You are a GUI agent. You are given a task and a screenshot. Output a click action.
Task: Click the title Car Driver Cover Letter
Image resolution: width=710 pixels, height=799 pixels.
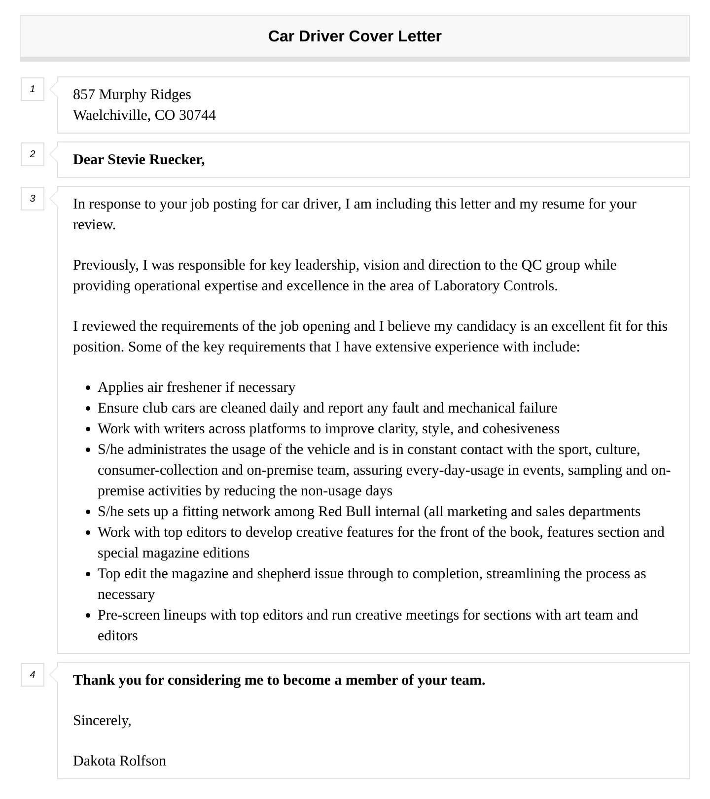(x=355, y=36)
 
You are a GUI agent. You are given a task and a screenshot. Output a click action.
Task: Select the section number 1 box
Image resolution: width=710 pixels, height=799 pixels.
(x=33, y=89)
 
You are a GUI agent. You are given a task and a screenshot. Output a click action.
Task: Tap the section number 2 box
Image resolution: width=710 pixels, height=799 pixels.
(x=33, y=154)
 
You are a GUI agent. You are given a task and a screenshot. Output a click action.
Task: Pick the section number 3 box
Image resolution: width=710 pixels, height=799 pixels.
(x=33, y=199)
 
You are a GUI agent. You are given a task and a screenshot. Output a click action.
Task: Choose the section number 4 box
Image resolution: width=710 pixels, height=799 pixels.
(x=33, y=675)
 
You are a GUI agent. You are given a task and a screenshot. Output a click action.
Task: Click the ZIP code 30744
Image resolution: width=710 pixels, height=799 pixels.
(x=197, y=115)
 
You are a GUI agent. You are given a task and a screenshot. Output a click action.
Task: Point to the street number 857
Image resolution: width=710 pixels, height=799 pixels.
(x=84, y=95)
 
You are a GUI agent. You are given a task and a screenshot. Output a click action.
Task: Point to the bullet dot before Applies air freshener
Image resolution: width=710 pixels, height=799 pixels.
(x=88, y=388)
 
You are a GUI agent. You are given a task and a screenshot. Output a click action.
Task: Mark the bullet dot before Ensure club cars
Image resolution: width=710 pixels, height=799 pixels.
(x=88, y=409)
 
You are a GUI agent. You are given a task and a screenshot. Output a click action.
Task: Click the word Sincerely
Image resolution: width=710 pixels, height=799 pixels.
(x=102, y=721)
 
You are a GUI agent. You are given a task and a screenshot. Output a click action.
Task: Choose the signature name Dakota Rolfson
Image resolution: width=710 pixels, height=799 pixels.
(x=119, y=761)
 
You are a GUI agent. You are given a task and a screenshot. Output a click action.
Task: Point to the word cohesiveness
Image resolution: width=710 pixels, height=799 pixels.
(x=521, y=429)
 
